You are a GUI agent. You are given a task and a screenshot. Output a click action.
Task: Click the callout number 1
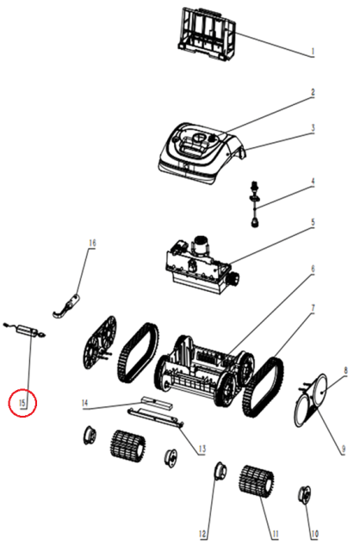point(312,53)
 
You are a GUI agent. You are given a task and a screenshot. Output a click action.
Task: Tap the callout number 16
point(92,243)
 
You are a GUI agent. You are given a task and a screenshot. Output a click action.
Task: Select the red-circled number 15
point(22,403)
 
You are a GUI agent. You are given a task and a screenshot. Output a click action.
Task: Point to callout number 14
point(84,403)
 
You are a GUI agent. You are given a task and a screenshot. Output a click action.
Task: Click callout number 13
point(202,449)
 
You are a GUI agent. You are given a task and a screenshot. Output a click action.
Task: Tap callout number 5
point(313,223)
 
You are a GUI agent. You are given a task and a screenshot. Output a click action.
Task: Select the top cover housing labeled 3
point(201,152)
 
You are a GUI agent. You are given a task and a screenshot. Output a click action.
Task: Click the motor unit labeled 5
point(201,264)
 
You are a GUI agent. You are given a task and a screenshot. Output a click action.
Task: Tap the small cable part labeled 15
point(25,331)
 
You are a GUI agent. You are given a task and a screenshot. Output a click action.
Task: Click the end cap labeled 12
point(220,471)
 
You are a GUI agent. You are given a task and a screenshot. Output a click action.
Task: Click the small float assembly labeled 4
point(255,204)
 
